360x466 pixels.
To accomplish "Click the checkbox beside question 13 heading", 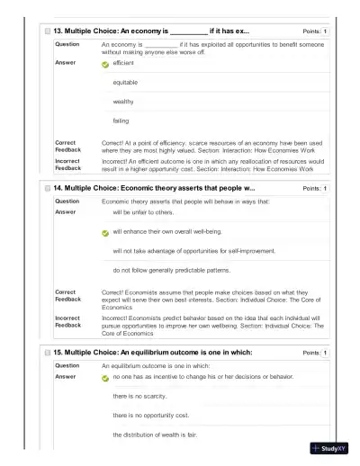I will [47, 31].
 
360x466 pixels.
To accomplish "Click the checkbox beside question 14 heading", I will [47, 188].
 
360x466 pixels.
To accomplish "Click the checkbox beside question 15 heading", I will [47, 353].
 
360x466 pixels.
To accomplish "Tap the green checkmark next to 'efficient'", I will [105, 65].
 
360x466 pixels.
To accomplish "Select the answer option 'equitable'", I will [125, 82].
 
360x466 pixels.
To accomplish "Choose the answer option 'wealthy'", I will [123, 102].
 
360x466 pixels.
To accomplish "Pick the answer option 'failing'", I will [121, 121].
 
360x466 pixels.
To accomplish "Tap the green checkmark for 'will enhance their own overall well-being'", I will [105, 232].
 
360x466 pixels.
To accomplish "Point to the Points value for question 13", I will [325, 31].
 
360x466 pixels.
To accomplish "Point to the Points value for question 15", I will [325, 353].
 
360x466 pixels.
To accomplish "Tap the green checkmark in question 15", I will [105, 378].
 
